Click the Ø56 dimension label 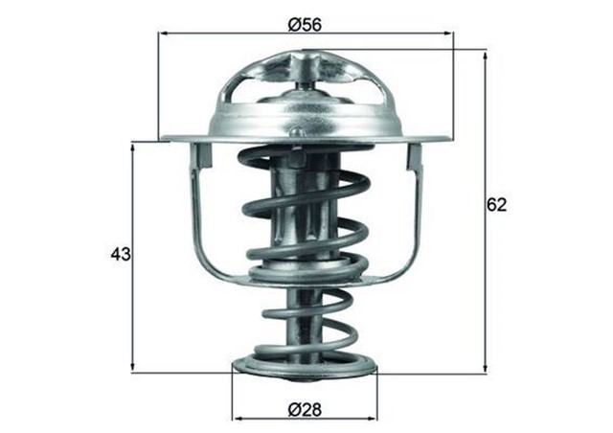point(305,24)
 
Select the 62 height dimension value point(496,204)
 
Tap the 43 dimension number point(120,255)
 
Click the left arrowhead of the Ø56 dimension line point(161,34)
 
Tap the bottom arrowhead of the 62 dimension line point(486,366)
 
